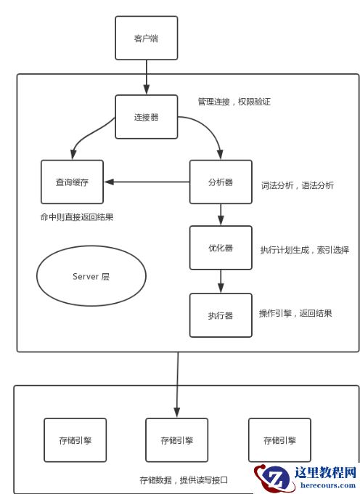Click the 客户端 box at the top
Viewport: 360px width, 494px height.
coord(146,38)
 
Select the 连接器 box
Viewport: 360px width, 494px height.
coord(146,117)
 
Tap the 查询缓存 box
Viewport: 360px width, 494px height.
coord(72,182)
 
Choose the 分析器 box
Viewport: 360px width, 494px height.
coord(221,182)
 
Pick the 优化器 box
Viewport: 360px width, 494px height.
coord(221,248)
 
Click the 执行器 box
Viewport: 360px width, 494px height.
coord(221,315)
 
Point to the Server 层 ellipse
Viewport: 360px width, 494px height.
coord(91,277)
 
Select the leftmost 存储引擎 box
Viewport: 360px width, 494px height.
coord(75,440)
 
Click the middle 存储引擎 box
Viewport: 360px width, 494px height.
coord(177,440)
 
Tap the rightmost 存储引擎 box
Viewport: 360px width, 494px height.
coord(279,440)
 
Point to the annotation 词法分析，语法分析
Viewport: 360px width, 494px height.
coord(298,185)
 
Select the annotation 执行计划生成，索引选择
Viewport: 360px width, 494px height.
coord(305,250)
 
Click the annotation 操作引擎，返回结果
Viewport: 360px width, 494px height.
coord(295,314)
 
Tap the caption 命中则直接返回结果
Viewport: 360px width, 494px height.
coord(77,217)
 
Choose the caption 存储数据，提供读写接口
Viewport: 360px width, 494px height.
coord(184,480)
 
